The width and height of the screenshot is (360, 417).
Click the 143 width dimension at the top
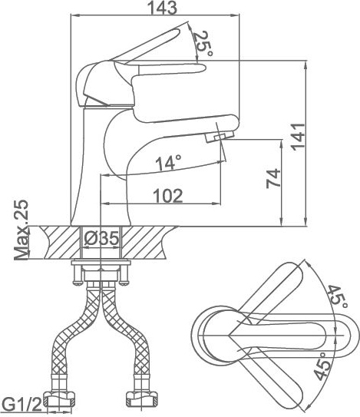(x=162, y=8)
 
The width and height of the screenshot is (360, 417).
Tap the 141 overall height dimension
(x=298, y=137)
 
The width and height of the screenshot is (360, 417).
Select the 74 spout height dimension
(x=273, y=178)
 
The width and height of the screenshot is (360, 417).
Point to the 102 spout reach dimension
(x=168, y=196)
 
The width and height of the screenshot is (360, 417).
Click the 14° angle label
(x=169, y=162)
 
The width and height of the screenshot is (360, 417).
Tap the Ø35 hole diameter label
(x=101, y=238)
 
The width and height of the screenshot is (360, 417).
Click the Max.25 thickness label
(x=21, y=230)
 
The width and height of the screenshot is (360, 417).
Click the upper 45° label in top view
(x=337, y=296)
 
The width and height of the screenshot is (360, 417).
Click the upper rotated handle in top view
(x=268, y=293)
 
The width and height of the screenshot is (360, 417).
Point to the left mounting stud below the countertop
(x=76, y=275)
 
